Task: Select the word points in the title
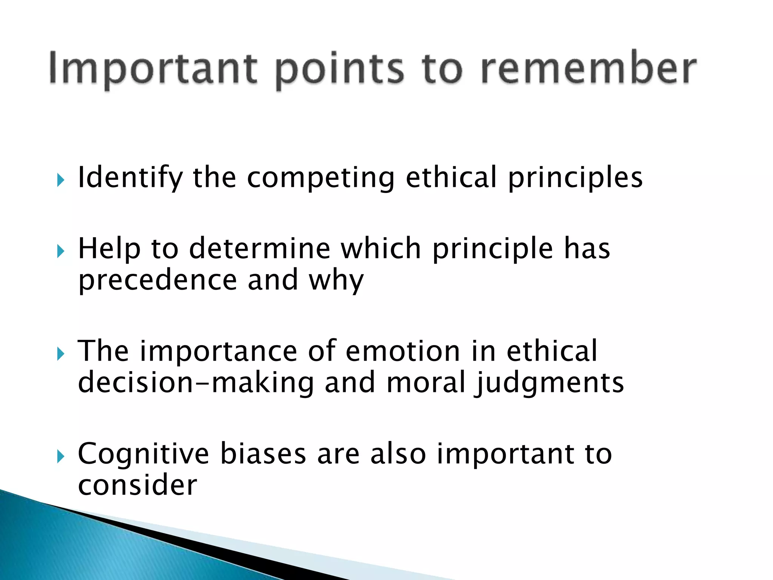[340, 70]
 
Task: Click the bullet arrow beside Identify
[61, 180]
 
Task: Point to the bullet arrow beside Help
[61, 251]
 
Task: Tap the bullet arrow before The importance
[61, 354]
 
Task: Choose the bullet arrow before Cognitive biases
[61, 457]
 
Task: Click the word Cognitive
[143, 454]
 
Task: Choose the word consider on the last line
[137, 485]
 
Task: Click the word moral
[426, 382]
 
